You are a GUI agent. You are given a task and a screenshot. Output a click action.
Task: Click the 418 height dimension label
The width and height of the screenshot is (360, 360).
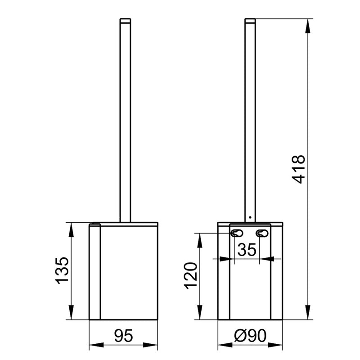pyautogui.click(x=299, y=169)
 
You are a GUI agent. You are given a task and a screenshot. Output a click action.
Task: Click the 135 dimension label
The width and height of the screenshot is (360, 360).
pyautogui.click(x=63, y=270)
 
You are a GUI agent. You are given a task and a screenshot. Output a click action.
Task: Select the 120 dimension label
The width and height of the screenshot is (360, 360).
pyautogui.click(x=191, y=275)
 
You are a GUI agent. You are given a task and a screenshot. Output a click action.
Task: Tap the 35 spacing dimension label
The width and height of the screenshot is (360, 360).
pyautogui.click(x=247, y=250)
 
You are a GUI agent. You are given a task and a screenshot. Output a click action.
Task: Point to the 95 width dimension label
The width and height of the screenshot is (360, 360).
pyautogui.click(x=123, y=336)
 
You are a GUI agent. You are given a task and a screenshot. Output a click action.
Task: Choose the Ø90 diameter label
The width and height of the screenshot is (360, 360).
pyautogui.click(x=250, y=336)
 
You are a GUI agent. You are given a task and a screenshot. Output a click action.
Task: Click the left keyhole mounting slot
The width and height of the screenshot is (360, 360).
pyautogui.click(x=237, y=234)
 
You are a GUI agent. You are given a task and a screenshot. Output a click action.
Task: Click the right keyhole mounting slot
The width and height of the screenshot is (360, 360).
pyautogui.click(x=262, y=234)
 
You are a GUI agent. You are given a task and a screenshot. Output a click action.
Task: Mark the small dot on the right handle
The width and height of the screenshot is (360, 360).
pyautogui.click(x=250, y=217)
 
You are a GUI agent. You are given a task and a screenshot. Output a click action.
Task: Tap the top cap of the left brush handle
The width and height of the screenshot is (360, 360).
pyautogui.click(x=126, y=20)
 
